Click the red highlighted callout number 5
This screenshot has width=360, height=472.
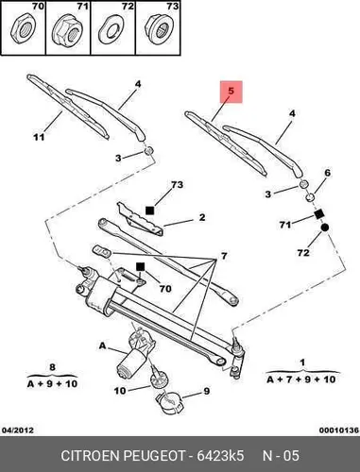tap(231, 92)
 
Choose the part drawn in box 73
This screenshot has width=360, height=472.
tap(159, 29)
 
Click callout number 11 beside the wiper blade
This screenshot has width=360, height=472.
tap(39, 137)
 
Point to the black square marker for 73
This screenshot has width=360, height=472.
tap(149, 211)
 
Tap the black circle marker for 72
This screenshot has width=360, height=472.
tap(325, 228)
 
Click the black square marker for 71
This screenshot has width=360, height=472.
tap(319, 214)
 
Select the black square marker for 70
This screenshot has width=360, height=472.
tap(140, 267)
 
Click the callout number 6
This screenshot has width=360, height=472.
tap(328, 173)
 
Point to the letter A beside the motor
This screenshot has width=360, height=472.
tap(103, 346)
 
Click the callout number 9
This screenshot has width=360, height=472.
tap(207, 391)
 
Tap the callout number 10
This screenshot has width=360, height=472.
tap(120, 391)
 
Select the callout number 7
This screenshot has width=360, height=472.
tap(224, 256)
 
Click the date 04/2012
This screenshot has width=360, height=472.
tap(18, 430)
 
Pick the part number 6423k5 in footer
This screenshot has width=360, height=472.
tap(220, 456)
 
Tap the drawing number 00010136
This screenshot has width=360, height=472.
tap(339, 430)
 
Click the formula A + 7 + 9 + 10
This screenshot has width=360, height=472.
tap(301, 379)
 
